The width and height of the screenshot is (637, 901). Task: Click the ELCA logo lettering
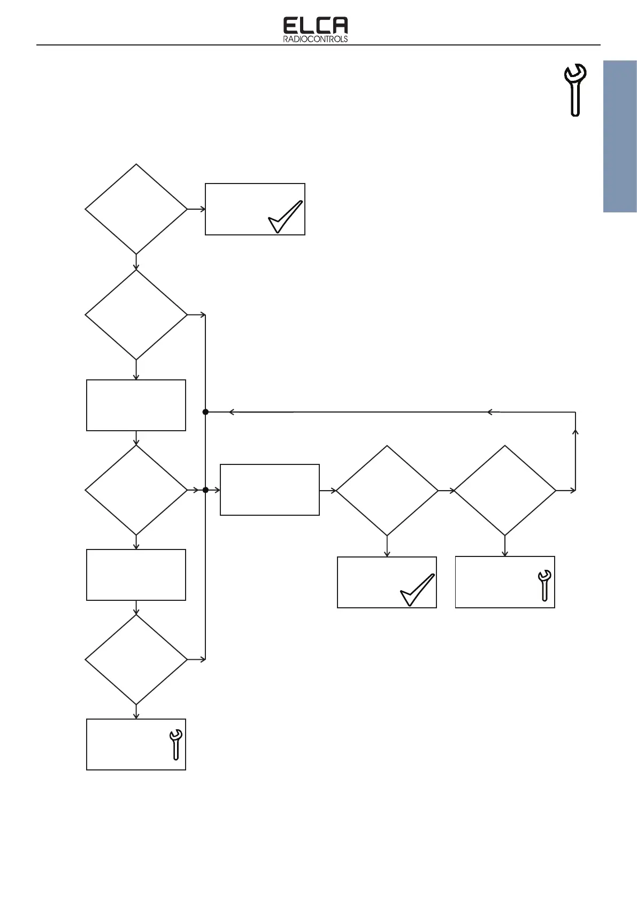point(315,26)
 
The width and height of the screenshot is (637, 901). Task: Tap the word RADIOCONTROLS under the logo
point(315,39)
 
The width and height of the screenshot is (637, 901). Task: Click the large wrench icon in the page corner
point(575,89)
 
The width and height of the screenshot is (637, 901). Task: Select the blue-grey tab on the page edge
point(620,137)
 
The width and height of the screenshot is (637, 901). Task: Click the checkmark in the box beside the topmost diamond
point(285,217)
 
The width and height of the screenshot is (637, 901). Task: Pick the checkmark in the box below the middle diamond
point(417,590)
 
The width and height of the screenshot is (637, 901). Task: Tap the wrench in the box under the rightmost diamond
point(544,585)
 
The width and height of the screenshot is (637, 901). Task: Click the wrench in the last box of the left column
point(175,744)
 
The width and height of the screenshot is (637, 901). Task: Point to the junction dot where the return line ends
point(205,412)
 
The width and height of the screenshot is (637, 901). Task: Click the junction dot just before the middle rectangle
point(205,490)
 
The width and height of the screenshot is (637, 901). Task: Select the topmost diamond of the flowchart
point(136,209)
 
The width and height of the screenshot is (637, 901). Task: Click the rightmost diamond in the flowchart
point(504,490)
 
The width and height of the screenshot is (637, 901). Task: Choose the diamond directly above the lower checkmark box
point(387,490)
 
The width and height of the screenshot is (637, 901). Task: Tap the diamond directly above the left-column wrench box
point(136,659)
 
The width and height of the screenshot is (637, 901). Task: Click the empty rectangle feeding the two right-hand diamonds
point(270,490)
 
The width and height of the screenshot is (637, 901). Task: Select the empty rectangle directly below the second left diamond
point(136,405)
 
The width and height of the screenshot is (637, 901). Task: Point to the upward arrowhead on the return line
point(575,431)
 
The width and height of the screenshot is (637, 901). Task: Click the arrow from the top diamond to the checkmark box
point(197,209)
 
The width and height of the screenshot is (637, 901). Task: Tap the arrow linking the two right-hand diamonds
point(446,490)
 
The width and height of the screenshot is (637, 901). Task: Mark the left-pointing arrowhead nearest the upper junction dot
point(231,412)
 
